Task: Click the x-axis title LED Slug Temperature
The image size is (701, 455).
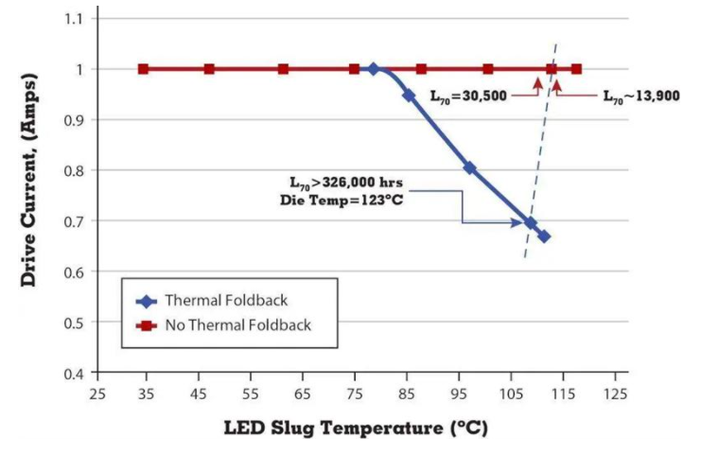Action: [x=355, y=428]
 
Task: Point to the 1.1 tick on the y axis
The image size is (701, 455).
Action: [x=73, y=19]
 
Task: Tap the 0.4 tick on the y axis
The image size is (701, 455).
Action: [x=73, y=373]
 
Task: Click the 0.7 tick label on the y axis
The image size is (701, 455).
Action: [x=73, y=221]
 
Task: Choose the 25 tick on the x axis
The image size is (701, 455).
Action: [x=96, y=393]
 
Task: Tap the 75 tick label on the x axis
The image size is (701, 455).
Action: [x=355, y=393]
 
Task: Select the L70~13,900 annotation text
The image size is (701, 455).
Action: [x=640, y=96]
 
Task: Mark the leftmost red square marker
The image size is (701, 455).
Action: [x=143, y=69]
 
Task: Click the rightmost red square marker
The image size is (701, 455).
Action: [x=576, y=69]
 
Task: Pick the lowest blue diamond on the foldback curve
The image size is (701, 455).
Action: [x=543, y=236]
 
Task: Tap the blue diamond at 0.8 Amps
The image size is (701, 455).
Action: [x=469, y=167]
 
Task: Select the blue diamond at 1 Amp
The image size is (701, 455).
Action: [x=374, y=69]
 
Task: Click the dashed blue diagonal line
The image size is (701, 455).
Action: [x=540, y=151]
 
